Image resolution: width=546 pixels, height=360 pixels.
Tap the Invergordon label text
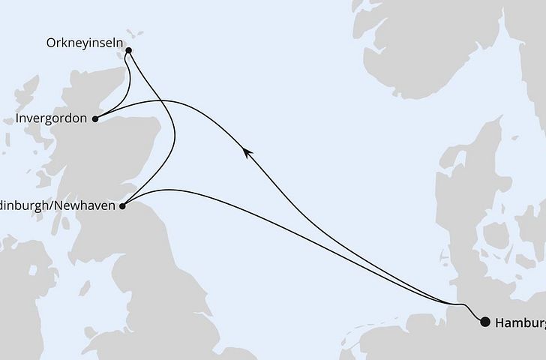coord(50,118)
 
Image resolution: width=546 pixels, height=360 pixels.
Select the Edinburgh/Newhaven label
coord(58,203)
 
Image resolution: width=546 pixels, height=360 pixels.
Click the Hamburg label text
coord(520,322)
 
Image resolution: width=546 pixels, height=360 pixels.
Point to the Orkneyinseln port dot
coord(129,52)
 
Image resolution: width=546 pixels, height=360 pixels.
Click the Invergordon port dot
coord(94,118)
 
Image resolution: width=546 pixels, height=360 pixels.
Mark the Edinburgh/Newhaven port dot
coord(124,202)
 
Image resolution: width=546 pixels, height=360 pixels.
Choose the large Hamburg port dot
coord(485,322)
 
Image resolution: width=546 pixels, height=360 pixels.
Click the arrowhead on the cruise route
coord(246,151)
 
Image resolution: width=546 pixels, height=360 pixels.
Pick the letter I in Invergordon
coord(16,118)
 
